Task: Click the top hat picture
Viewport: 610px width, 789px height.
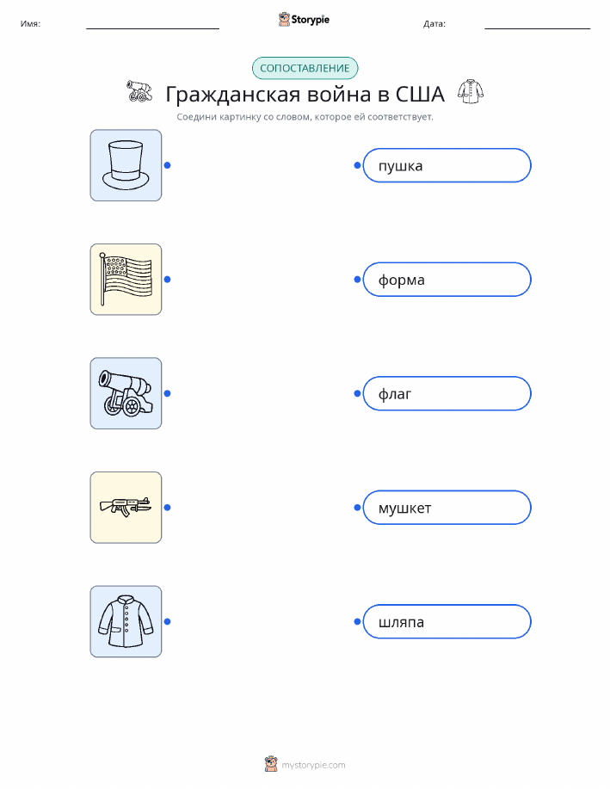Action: pos(126,165)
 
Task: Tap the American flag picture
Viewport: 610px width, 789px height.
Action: pos(126,280)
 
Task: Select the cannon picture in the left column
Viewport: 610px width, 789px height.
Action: pos(126,393)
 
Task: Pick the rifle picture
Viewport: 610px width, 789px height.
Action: pos(126,508)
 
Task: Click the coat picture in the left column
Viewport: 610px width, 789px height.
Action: pos(126,621)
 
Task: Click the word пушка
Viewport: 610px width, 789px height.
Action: pos(400,166)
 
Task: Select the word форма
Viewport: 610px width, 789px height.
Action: pos(401,280)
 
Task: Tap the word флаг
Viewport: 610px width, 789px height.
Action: pos(395,394)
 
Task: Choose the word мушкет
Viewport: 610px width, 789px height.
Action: pos(404,509)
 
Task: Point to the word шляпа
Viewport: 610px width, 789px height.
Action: pos(401,622)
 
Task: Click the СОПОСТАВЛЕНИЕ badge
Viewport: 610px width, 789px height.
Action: pos(305,69)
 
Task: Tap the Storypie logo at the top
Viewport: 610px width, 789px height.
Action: pos(304,20)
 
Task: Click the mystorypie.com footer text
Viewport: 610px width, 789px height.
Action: pos(313,766)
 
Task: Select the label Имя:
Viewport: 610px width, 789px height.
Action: pos(30,23)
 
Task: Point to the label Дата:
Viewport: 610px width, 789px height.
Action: pos(434,23)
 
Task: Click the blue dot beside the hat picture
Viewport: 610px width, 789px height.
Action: pos(168,165)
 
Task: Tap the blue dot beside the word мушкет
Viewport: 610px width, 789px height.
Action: pos(357,508)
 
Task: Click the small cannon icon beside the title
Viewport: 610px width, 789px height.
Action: pos(139,91)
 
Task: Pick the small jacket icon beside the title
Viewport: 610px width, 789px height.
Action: pos(471,91)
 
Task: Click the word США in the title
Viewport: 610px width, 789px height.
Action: pos(420,94)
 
